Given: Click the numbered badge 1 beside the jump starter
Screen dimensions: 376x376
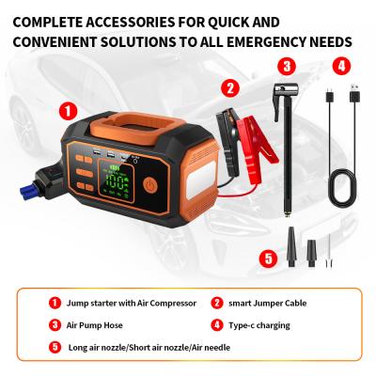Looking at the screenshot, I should coord(67,110).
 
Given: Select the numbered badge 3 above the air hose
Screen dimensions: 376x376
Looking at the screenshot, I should coord(289,65).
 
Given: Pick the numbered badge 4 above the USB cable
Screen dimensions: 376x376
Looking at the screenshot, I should coord(342,65).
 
